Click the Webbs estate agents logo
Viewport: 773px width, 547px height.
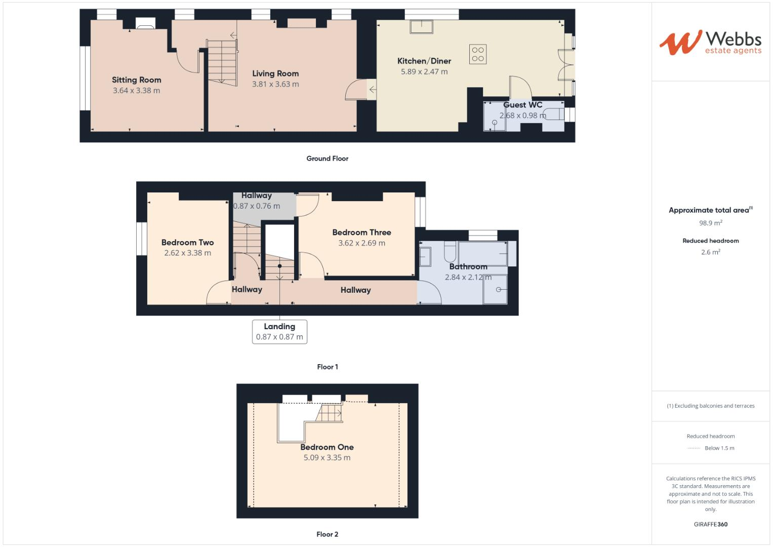point(710,43)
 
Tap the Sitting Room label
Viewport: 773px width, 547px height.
point(136,80)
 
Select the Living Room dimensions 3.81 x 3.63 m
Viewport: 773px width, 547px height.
point(275,85)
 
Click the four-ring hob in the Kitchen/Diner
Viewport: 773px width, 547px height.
point(478,54)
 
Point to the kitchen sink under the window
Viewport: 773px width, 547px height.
point(421,26)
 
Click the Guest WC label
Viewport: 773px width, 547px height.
point(522,105)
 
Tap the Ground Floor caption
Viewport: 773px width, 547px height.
point(327,159)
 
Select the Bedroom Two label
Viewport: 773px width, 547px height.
point(187,243)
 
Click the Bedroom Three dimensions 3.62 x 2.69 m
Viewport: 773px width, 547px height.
point(361,243)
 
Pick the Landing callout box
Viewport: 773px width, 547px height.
point(279,332)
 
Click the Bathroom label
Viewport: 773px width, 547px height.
point(468,266)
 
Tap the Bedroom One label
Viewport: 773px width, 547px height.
point(327,447)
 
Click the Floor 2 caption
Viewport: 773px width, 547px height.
point(327,534)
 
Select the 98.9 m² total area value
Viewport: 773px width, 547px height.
point(710,223)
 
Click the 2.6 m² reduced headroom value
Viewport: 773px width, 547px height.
point(710,252)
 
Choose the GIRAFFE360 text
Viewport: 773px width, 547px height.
point(710,524)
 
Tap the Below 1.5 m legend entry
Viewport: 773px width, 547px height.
point(719,448)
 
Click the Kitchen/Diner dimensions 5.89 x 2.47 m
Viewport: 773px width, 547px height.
point(424,72)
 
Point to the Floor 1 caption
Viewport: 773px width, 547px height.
point(327,367)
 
